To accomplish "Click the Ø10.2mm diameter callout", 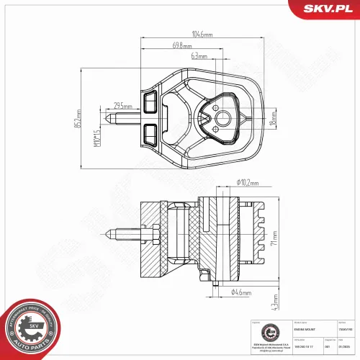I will pyautogui.click(x=248, y=183).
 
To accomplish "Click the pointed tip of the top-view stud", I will pyautogui.click(x=106, y=119).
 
